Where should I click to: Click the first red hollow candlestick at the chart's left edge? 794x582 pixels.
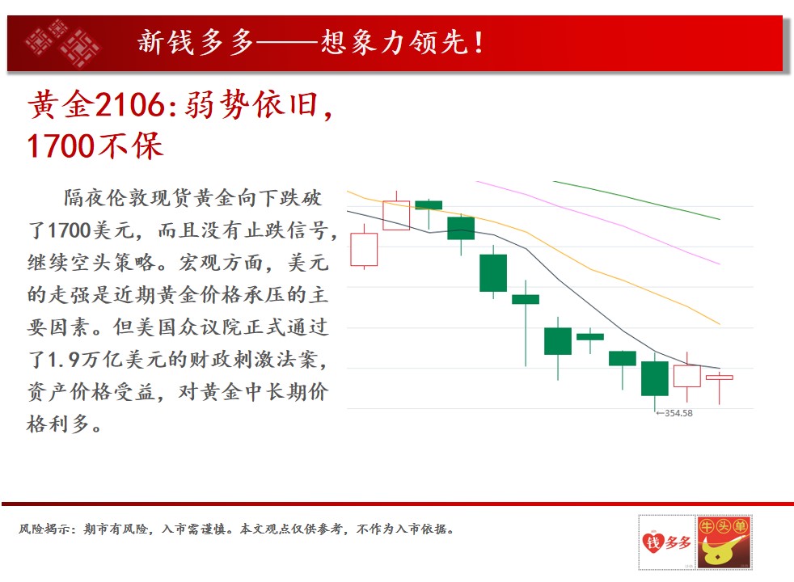(x=364, y=249)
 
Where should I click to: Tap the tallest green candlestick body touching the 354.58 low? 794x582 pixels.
(x=655, y=378)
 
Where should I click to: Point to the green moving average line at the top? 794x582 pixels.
(x=636, y=200)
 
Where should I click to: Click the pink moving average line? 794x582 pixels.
(x=598, y=221)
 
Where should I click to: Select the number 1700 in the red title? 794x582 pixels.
(x=61, y=146)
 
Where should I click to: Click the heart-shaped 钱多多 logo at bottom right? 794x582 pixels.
(x=667, y=542)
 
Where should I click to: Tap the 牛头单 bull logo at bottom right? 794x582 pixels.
(x=724, y=542)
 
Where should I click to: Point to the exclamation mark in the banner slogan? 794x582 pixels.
(x=479, y=43)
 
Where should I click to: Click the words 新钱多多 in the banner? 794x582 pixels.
(x=196, y=43)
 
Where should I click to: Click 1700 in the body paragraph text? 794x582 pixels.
(x=70, y=230)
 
